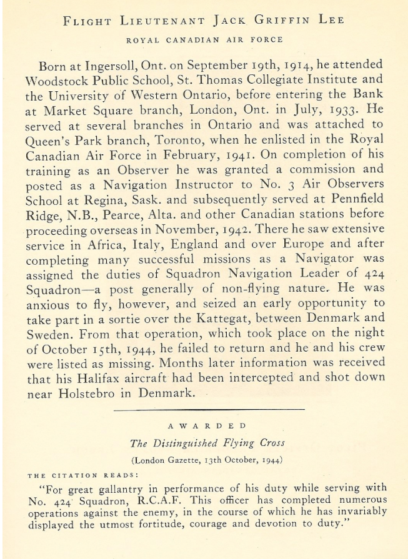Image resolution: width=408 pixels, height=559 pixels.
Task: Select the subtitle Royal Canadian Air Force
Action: pyautogui.click(x=204, y=40)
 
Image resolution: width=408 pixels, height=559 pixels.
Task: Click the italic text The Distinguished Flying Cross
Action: pyautogui.click(x=207, y=443)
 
